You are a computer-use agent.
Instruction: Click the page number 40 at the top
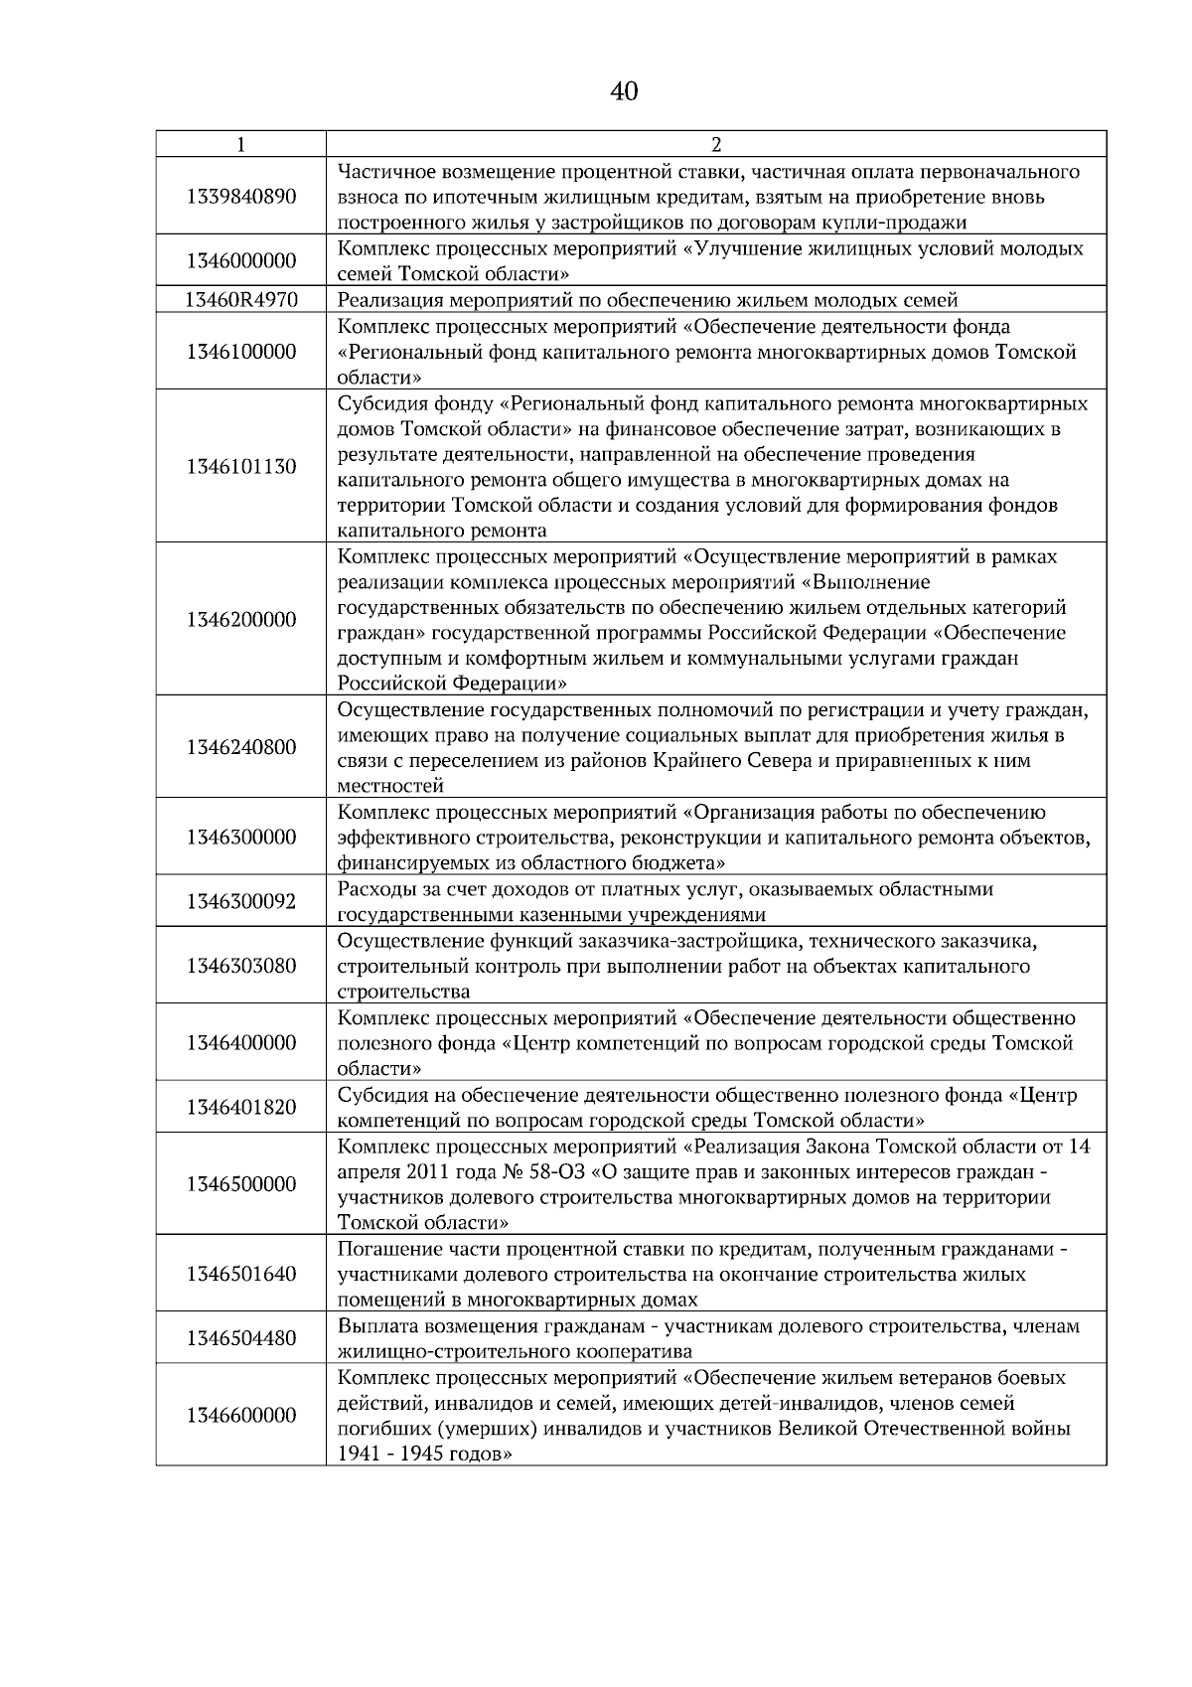pyautogui.click(x=623, y=92)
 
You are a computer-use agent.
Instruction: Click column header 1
pyautogui.click(x=240, y=144)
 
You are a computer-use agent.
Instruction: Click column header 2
pyautogui.click(x=716, y=144)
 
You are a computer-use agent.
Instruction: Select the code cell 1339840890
pyautogui.click(x=240, y=197)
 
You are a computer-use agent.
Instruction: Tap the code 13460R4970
pyautogui.click(x=240, y=300)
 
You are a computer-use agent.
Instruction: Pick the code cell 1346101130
pyautogui.click(x=240, y=467)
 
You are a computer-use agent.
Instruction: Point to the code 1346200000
pyautogui.click(x=240, y=620)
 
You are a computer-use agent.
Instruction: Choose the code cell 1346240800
pyautogui.click(x=240, y=747)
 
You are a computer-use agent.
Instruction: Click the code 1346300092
pyautogui.click(x=240, y=902)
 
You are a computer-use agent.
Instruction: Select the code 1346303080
pyautogui.click(x=240, y=966)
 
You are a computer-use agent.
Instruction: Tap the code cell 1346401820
pyautogui.click(x=240, y=1107)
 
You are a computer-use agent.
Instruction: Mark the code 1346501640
pyautogui.click(x=240, y=1274)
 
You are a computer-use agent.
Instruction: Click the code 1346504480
pyautogui.click(x=240, y=1338)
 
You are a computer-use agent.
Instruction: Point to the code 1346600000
pyautogui.click(x=240, y=1415)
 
